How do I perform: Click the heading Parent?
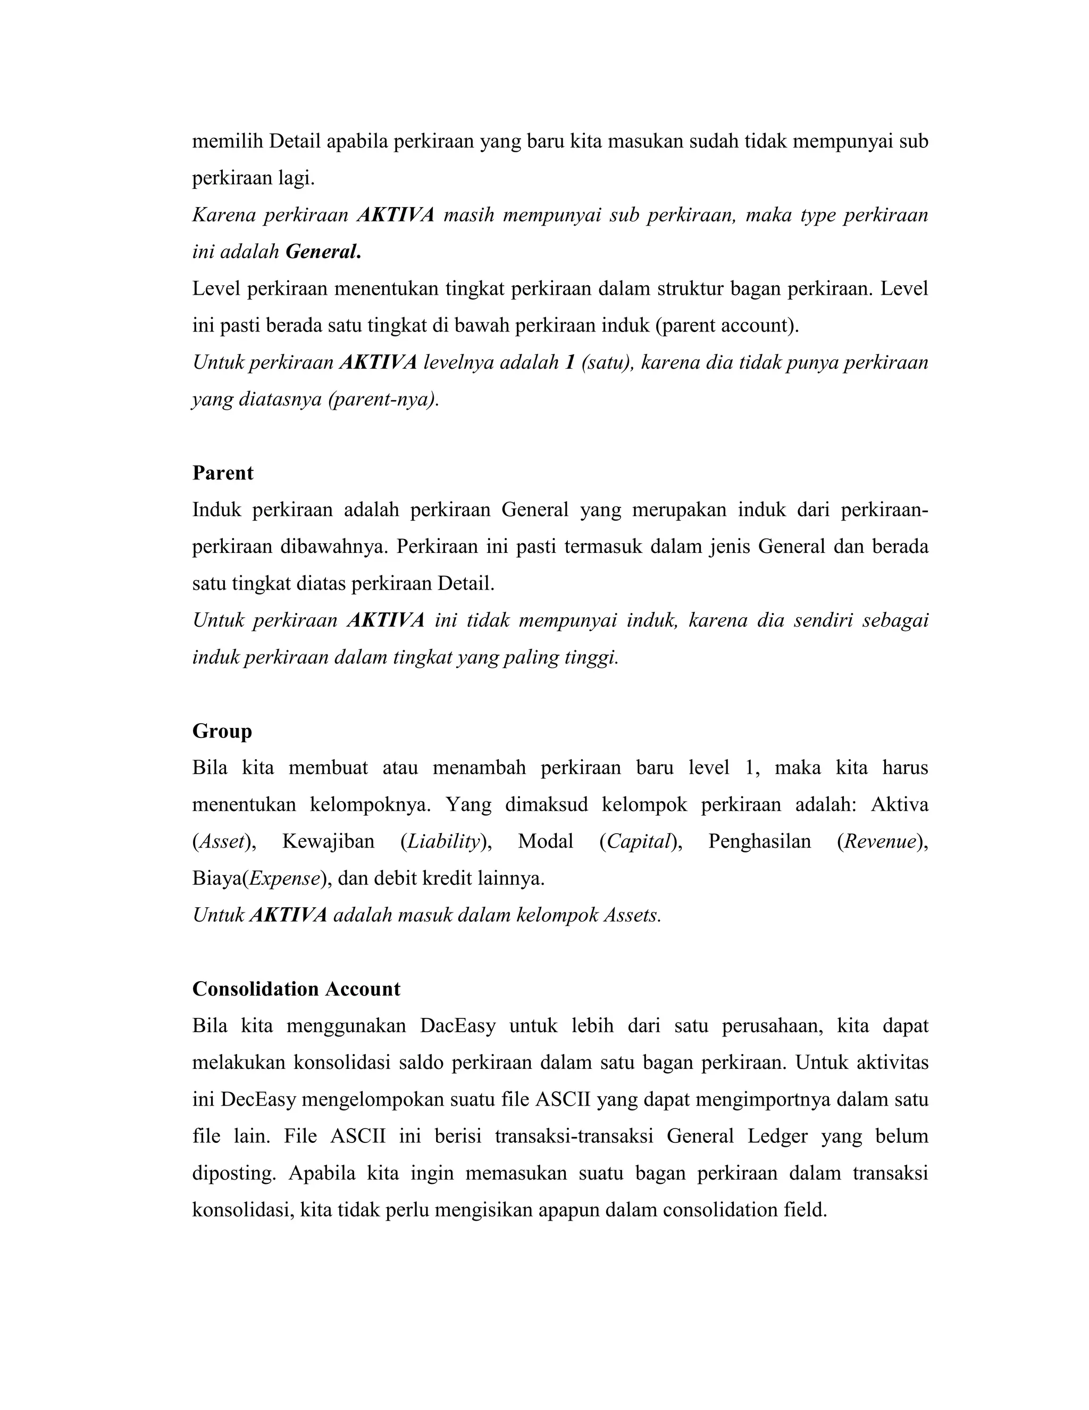click(x=223, y=473)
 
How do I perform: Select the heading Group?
click(x=222, y=731)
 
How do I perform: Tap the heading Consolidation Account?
click(x=296, y=989)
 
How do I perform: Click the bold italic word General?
click(x=323, y=252)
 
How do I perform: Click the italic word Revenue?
click(x=880, y=841)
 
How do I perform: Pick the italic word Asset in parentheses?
click(x=221, y=841)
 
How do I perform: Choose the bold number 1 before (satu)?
click(x=569, y=362)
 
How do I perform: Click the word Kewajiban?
click(x=329, y=841)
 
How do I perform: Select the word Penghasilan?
click(x=759, y=841)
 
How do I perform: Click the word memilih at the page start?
click(x=227, y=141)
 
